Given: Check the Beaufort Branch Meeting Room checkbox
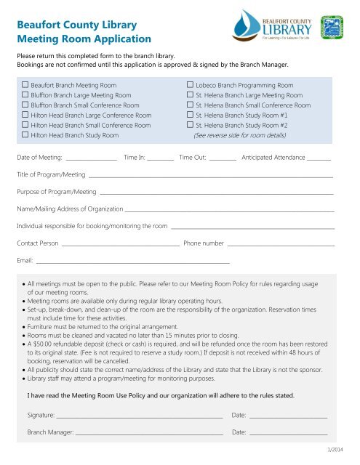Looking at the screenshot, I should [x=25, y=86].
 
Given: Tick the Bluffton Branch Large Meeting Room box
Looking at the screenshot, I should [x=25, y=95].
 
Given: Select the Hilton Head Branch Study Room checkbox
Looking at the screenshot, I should [x=25, y=135].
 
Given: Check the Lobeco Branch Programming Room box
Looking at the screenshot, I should [x=190, y=86].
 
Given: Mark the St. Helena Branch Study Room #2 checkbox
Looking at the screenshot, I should [x=190, y=125].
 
